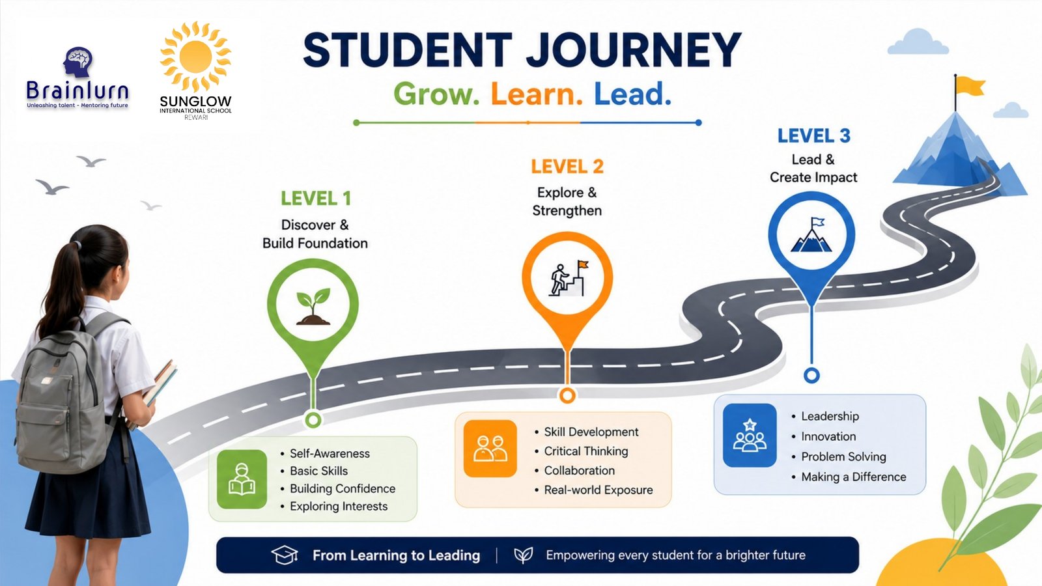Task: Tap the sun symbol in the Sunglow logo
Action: (195, 56)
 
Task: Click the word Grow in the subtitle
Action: (436, 94)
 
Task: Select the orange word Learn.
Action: (537, 94)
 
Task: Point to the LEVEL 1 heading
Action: (316, 199)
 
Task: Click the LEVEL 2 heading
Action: (567, 167)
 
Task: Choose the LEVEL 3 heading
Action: (813, 136)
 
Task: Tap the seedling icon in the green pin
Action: (313, 306)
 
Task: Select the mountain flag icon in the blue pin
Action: (811, 235)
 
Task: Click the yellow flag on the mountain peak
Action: (970, 87)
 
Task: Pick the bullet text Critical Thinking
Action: (585, 451)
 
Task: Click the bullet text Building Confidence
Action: (343, 489)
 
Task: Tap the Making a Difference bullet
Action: (854, 477)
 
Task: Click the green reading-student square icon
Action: (242, 479)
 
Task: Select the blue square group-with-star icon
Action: (750, 436)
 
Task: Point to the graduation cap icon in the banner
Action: (285, 555)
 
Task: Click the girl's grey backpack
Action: (61, 395)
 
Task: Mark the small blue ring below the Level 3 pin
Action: (811, 375)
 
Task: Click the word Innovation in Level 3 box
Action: (828, 436)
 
